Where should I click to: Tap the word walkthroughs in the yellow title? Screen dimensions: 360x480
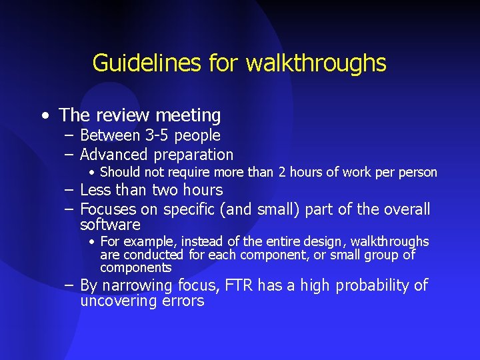point(316,63)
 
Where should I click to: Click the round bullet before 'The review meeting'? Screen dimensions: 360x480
point(44,115)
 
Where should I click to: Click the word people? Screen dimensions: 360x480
point(197,135)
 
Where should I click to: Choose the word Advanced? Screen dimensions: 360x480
point(114,155)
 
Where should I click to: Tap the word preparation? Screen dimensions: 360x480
point(193,155)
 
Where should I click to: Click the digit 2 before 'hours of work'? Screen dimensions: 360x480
point(283,173)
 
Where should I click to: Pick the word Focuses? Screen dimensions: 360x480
point(109,209)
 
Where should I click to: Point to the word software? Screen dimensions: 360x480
point(110,225)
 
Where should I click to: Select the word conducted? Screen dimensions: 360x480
point(153,255)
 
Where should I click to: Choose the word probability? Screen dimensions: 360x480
point(374,286)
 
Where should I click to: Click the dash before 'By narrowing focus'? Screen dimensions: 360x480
point(69,285)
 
